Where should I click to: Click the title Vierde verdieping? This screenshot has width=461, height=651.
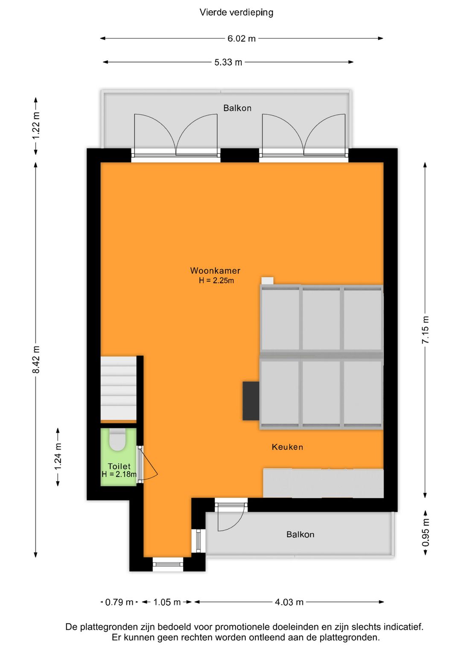click(236, 12)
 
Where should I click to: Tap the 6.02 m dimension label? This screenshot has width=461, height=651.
click(241, 38)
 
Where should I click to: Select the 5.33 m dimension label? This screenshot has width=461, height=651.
click(228, 62)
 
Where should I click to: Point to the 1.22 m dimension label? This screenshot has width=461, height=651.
click(36, 125)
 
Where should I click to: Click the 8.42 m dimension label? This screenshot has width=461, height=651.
click(36, 360)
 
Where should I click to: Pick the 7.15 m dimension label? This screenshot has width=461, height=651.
click(425, 330)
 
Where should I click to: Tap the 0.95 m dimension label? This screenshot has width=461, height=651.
click(425, 532)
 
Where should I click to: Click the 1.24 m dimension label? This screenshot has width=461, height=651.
click(58, 456)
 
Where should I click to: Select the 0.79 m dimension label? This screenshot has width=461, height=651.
click(119, 602)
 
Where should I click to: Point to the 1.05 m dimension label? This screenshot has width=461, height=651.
click(167, 602)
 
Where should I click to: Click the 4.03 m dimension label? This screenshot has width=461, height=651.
click(289, 602)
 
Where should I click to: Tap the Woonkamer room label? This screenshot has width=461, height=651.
click(215, 270)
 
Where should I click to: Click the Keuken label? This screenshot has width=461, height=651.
click(287, 447)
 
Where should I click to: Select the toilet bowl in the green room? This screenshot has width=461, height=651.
click(117, 440)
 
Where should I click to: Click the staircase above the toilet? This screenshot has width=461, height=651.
click(118, 389)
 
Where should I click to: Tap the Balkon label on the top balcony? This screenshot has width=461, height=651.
click(237, 108)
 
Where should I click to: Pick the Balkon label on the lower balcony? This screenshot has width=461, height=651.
click(300, 535)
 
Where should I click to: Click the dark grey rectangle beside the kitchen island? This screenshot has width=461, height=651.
click(251, 401)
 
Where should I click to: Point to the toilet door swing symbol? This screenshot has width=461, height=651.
click(149, 465)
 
